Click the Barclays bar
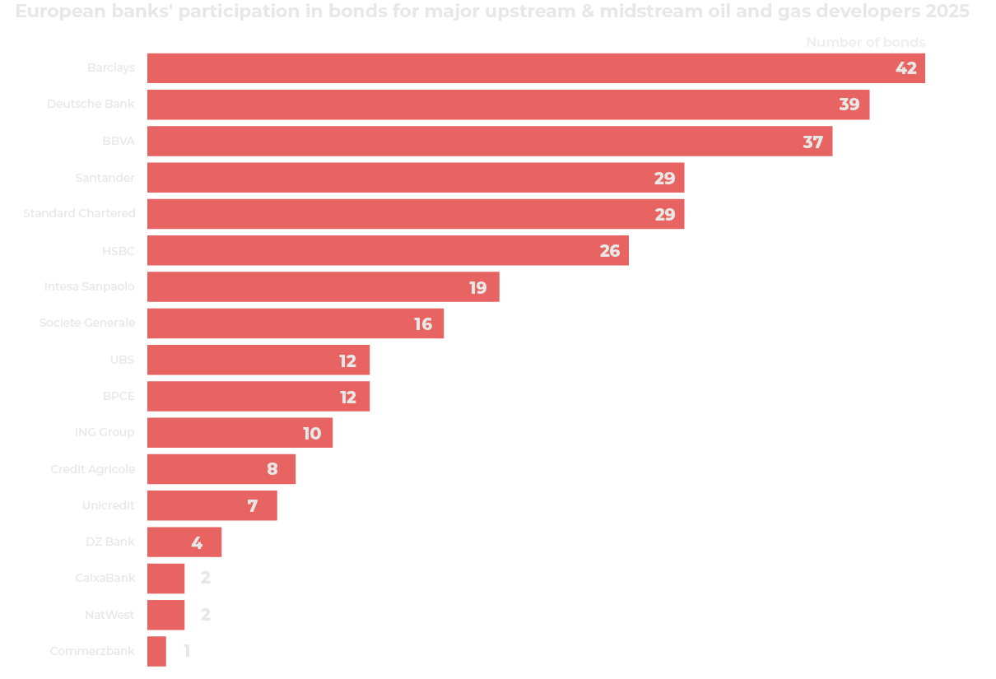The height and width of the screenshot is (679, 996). [535, 68]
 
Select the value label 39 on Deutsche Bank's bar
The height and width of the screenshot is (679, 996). [849, 105]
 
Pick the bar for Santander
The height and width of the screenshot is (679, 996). [416, 178]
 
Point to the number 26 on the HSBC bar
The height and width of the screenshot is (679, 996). [609, 251]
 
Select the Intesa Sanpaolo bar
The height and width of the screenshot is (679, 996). [323, 287]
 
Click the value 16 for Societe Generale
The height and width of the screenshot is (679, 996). [423, 324]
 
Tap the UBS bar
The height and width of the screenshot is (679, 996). [258, 360]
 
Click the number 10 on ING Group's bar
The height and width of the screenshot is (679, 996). [312, 433]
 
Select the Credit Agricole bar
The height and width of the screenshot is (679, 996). [221, 469]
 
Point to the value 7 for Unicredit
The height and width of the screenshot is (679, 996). [253, 506]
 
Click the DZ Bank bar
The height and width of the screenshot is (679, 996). [184, 542]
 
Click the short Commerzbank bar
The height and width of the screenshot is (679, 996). [156, 651]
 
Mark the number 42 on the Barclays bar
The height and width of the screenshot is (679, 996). [905, 68]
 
